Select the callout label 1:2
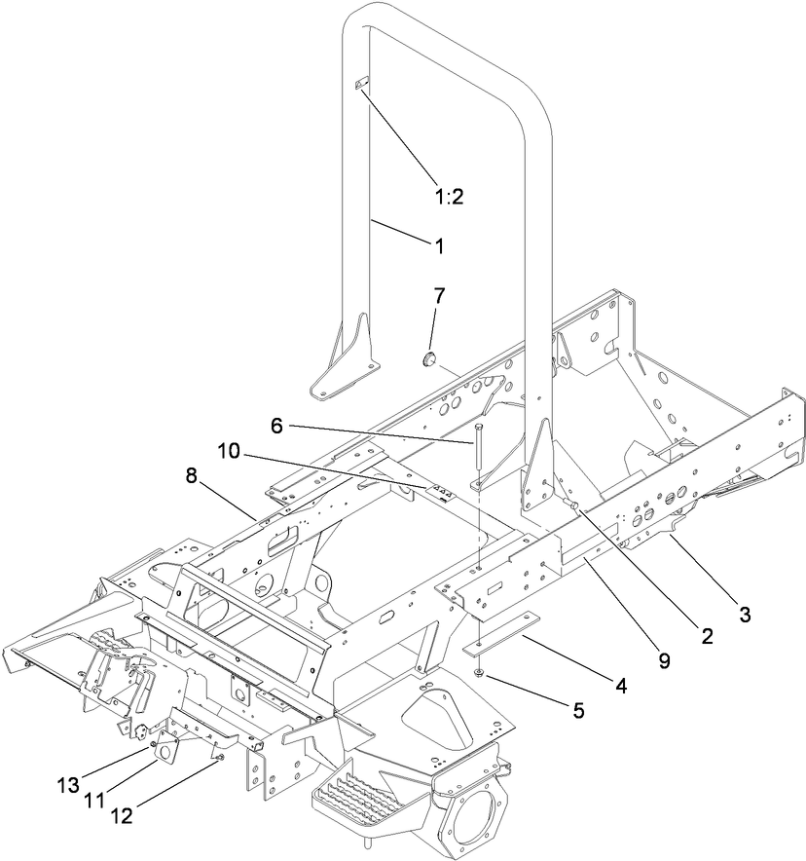click(x=449, y=196)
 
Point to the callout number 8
click(x=191, y=475)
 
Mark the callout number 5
click(x=578, y=710)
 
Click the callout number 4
click(x=620, y=685)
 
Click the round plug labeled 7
click(x=425, y=359)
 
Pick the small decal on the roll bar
click(x=359, y=86)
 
